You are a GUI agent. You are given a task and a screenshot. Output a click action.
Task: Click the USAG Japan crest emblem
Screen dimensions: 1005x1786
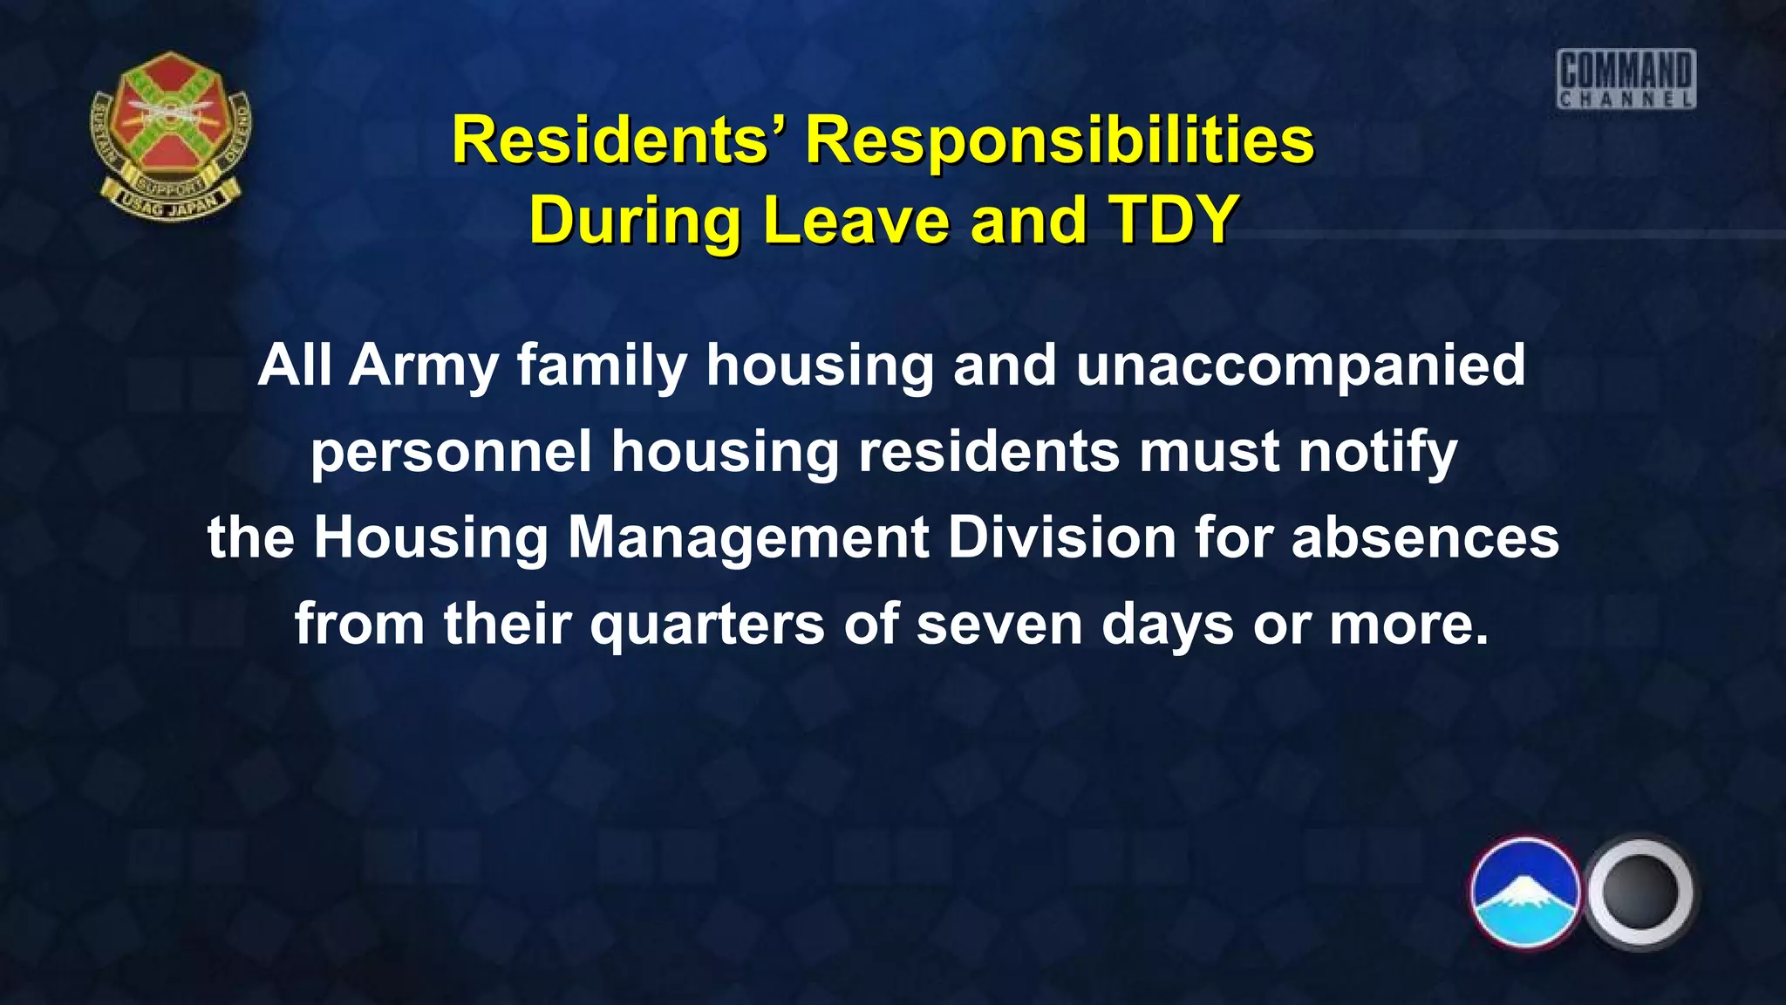(x=170, y=135)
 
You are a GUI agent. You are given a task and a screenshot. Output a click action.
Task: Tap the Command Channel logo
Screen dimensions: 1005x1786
(x=1626, y=79)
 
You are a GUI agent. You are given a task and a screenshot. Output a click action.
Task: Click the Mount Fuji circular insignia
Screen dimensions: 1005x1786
(x=1525, y=892)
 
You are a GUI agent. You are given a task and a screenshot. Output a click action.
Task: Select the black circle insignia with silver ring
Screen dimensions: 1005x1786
(x=1639, y=892)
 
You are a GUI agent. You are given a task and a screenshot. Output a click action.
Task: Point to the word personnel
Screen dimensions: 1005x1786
(x=452, y=451)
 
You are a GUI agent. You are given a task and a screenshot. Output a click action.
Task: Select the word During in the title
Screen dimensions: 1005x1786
(x=635, y=219)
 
